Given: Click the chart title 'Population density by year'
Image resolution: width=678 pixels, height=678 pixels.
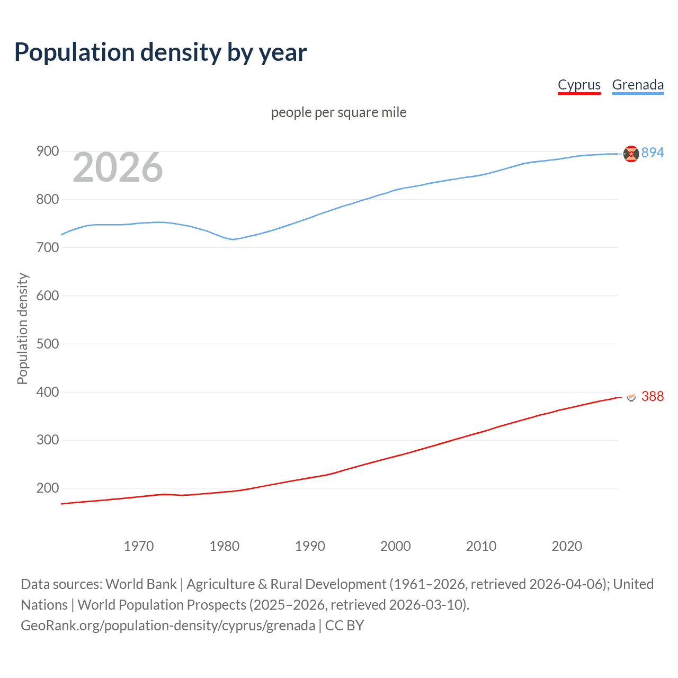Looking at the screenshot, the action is click(160, 52).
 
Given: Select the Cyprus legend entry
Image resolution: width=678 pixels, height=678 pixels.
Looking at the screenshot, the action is click(579, 85).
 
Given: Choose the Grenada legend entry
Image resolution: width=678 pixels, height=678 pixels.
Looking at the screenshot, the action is click(638, 85).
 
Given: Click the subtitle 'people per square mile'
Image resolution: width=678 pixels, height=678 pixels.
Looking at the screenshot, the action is click(339, 112).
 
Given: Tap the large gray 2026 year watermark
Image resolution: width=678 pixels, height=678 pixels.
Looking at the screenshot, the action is click(118, 167).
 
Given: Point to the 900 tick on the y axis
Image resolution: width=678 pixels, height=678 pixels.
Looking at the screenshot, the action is click(47, 151).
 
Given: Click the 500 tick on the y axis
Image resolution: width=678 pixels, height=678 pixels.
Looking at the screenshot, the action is click(47, 344).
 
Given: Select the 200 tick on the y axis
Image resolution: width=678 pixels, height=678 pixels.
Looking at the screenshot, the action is click(47, 488).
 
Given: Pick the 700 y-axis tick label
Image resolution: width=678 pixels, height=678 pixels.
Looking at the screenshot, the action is click(47, 247).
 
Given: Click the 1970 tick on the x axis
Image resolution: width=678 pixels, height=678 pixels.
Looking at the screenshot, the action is click(139, 546).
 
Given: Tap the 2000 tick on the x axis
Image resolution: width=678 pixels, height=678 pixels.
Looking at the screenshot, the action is click(396, 546).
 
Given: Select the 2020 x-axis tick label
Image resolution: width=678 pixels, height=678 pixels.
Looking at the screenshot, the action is click(567, 546).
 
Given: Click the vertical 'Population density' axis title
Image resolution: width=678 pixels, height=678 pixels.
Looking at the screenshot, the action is click(22, 328).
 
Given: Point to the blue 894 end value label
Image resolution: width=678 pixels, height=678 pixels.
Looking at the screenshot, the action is click(652, 153).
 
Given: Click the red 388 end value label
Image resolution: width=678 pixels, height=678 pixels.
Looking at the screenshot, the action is click(652, 396).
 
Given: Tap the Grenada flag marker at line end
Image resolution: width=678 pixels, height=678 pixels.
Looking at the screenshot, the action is click(631, 154).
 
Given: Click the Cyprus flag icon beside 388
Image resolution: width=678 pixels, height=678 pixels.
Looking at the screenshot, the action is click(631, 397).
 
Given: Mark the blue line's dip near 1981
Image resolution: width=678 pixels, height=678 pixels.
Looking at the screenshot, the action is click(232, 239).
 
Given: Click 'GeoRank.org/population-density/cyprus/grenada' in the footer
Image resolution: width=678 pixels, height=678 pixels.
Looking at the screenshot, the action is click(168, 626).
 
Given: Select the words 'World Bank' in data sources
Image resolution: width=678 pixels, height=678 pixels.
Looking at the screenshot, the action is click(141, 584).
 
